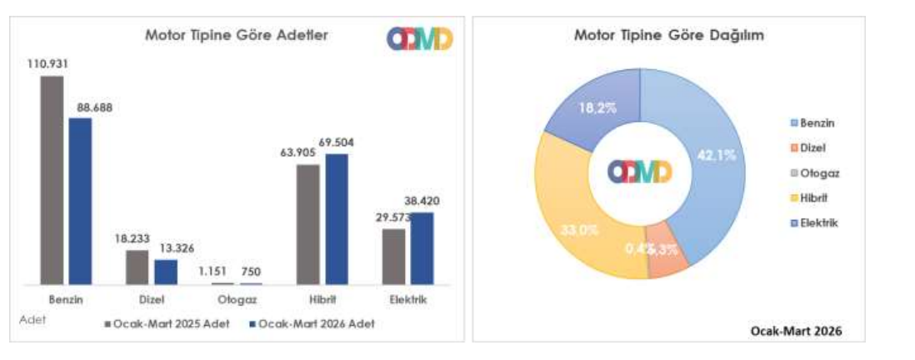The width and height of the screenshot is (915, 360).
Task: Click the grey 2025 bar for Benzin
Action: [52, 179]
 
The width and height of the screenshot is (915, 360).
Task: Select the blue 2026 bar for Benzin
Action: [80, 200]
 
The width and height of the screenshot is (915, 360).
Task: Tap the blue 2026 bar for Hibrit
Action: [336, 218]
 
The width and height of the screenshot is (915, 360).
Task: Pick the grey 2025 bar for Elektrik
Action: [393, 256]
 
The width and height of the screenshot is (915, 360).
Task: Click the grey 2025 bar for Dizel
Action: [137, 267]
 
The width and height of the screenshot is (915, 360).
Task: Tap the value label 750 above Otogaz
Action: [251, 272]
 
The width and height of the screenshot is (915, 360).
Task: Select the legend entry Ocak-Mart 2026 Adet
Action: [312, 322]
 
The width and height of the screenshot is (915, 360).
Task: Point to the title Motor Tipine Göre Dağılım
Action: [669, 36]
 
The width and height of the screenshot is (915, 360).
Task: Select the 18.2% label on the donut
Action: [594, 107]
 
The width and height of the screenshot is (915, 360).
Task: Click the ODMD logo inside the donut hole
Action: [640, 172]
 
